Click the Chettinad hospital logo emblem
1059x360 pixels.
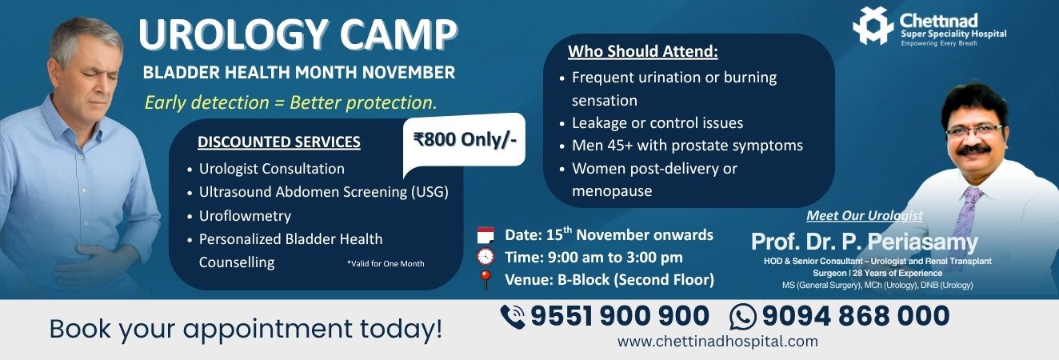point(873,26)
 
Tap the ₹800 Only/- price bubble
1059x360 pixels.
point(464,140)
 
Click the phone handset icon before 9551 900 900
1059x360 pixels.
point(513,317)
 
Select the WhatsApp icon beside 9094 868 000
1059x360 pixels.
point(743,317)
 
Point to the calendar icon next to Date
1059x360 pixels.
point(486,234)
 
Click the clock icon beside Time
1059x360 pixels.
point(486,257)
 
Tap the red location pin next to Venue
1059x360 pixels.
point(485,279)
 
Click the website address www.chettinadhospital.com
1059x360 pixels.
point(717,341)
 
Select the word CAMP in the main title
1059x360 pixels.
point(398,34)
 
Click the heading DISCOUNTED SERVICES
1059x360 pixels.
point(279,142)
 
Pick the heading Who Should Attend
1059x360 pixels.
point(643,51)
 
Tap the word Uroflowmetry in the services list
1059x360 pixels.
point(245,216)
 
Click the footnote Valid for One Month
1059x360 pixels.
point(386,263)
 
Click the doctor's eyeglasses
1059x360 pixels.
point(975,130)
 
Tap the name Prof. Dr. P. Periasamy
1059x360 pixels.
point(864,242)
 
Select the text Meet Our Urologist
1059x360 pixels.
point(864,216)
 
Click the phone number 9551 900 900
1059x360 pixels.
point(620,316)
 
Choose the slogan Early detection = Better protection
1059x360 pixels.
point(291,102)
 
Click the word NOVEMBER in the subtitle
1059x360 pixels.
point(409,72)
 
